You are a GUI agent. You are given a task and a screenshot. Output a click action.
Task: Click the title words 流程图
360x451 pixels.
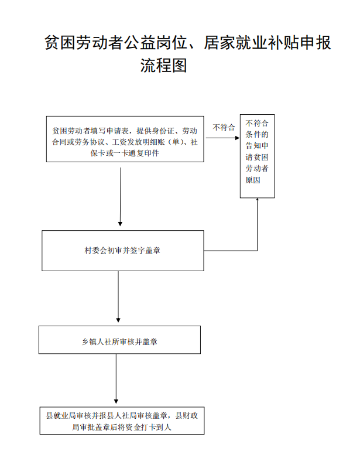pyautogui.click(x=164, y=65)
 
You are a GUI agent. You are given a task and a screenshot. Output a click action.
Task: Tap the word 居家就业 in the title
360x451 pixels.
pyautogui.click(x=235, y=43)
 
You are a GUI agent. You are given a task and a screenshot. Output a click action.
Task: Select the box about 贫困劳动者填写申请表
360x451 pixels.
pyautogui.click(x=125, y=139)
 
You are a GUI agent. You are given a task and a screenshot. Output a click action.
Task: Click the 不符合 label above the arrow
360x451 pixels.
pyautogui.click(x=224, y=128)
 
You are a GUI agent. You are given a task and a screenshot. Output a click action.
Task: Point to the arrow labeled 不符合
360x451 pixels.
pyautogui.click(x=223, y=138)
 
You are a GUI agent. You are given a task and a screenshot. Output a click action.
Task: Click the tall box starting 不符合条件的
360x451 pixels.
pyautogui.click(x=258, y=156)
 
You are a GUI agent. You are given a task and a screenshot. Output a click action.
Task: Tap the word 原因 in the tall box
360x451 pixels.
pyautogui.click(x=253, y=180)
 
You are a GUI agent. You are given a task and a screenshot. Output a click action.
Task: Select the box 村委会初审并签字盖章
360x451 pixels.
pyautogui.click(x=123, y=251)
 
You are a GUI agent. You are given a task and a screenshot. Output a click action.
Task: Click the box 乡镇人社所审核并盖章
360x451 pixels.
pyautogui.click(x=119, y=340)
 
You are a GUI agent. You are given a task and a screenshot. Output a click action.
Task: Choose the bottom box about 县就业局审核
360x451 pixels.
pyautogui.click(x=122, y=421)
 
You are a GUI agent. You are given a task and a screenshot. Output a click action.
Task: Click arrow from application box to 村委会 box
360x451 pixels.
pyautogui.click(x=121, y=197)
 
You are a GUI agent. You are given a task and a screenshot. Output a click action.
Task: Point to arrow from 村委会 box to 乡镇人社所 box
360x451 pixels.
pyautogui.click(x=118, y=297)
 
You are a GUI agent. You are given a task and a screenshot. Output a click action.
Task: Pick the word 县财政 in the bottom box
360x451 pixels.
pyautogui.click(x=187, y=416)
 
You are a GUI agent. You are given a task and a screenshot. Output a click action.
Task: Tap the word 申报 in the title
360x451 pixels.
pyautogui.click(x=315, y=43)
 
